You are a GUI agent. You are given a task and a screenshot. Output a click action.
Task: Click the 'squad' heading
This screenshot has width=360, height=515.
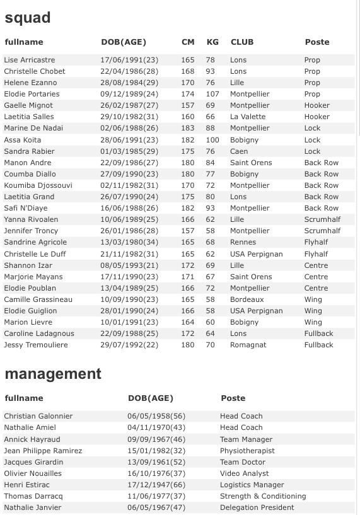27,18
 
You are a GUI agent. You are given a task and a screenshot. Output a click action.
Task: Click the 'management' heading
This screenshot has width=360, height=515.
53,374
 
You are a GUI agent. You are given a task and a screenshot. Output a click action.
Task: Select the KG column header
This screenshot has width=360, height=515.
212,42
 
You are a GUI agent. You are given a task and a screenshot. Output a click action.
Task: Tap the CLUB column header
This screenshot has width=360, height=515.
242,42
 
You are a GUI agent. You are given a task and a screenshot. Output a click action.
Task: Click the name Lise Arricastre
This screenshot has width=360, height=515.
29,60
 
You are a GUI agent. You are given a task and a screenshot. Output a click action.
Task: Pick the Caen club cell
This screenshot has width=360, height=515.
238,151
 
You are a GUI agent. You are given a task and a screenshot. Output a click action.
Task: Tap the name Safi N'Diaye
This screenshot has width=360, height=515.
26,208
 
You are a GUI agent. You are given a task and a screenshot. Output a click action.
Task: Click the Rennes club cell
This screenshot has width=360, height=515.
243,242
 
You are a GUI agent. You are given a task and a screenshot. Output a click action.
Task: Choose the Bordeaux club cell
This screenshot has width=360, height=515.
247,299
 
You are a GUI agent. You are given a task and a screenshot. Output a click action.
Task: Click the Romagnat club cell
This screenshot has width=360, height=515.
248,345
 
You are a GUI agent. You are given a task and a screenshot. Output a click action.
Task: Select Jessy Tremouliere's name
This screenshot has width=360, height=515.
35,345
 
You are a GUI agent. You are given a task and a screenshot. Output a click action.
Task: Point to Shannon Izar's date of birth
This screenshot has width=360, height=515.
129,265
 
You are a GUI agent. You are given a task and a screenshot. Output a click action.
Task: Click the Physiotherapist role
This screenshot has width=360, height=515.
247,451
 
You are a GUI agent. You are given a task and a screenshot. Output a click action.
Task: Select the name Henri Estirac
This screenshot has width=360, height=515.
26,485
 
